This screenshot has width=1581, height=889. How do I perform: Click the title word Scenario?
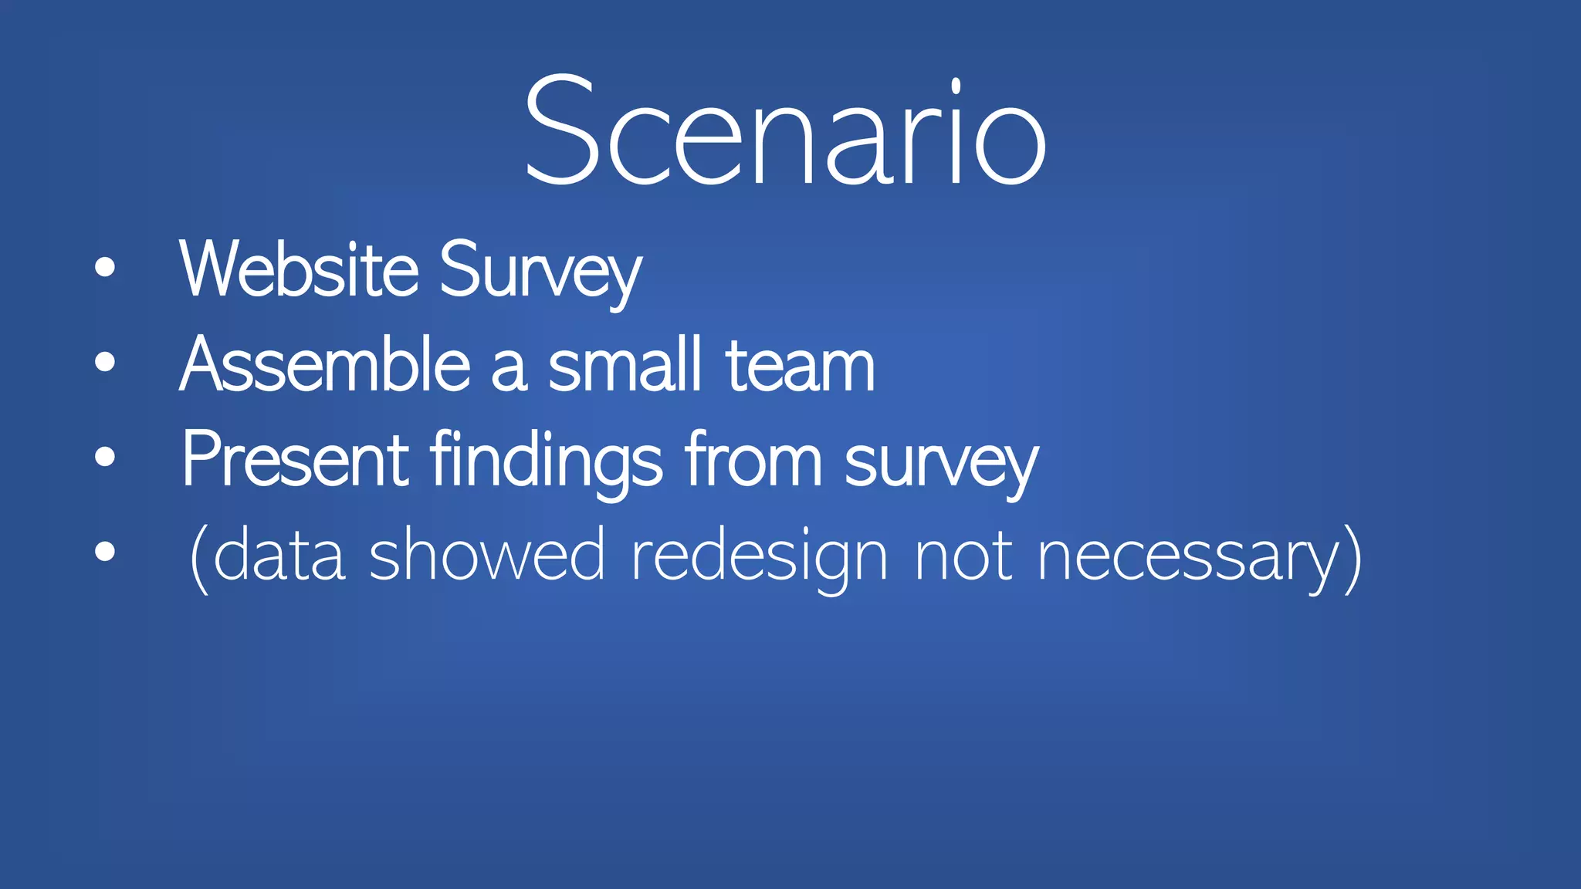[x=784, y=131]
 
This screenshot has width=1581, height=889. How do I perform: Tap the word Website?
[x=299, y=269]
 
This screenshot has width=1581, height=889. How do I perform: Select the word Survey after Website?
[x=540, y=272]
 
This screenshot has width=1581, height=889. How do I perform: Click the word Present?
[x=295, y=459]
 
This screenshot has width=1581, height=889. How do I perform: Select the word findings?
[x=546, y=461]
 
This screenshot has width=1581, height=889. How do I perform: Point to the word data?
[x=279, y=556]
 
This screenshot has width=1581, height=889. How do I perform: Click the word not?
[x=963, y=556]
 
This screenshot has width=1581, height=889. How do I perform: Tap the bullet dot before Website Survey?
[x=105, y=268]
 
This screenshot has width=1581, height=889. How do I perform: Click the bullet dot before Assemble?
[x=105, y=362]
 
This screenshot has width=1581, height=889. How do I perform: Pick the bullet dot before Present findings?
[x=105, y=457]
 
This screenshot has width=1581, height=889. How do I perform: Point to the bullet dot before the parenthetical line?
[x=105, y=551]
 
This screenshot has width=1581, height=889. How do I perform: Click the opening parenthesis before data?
[x=198, y=557]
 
